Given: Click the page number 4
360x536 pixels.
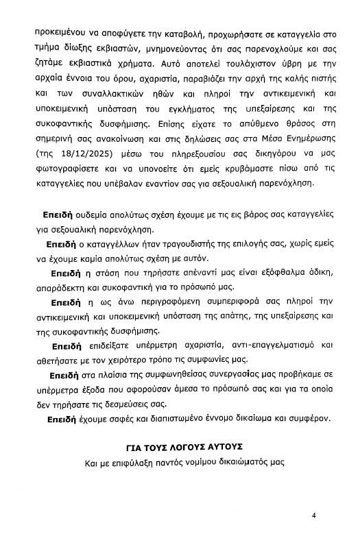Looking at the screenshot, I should pos(313,516).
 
